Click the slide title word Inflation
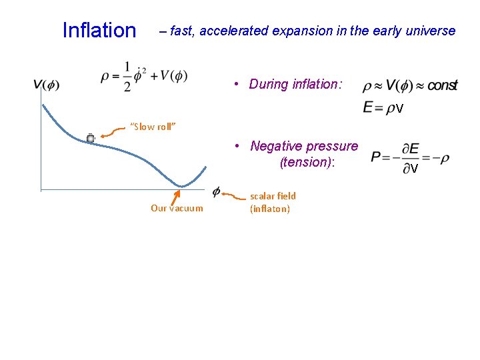point(99,31)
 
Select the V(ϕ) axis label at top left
point(46,84)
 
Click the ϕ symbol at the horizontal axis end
point(217,191)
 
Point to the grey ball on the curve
point(90,138)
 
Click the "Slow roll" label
point(152,127)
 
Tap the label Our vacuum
point(177,208)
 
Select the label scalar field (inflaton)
point(272,202)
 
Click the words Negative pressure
point(304,146)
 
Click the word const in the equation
point(442,86)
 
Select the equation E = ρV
point(383,107)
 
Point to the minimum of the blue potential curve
point(181,185)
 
